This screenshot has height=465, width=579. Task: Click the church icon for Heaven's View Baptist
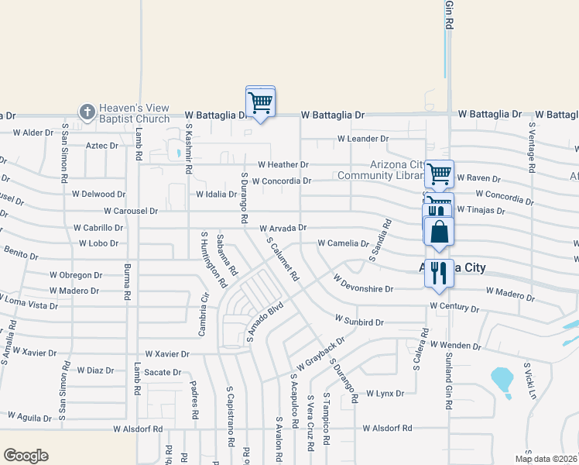pyautogui.click(x=86, y=112)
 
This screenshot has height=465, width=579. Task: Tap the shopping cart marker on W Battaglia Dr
pyautogui.click(x=261, y=102)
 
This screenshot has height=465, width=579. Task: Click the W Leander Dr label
pyautogui.click(x=362, y=139)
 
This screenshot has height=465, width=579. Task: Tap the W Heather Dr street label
pyautogui.click(x=283, y=164)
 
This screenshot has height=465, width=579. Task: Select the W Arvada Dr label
pyautogui.click(x=278, y=228)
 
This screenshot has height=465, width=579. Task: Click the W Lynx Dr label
pyautogui.click(x=385, y=394)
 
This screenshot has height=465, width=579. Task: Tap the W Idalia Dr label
pyautogui.click(x=216, y=194)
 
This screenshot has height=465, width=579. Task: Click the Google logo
pyautogui.click(x=26, y=456)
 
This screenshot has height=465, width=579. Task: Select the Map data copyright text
pyautogui.click(x=545, y=459)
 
